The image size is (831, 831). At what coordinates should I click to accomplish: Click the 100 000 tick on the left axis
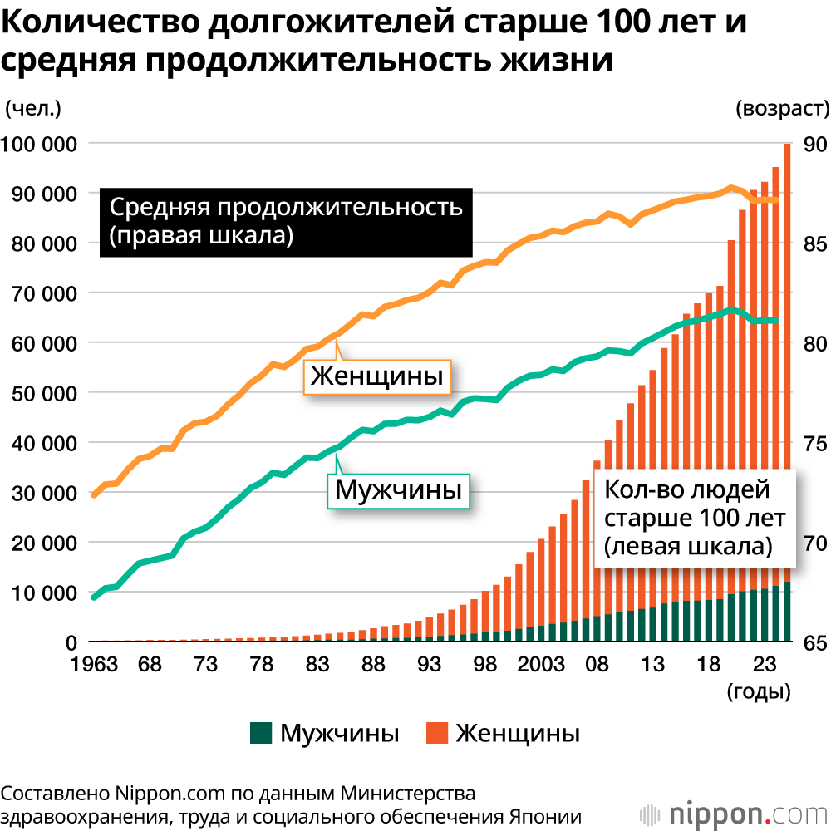(40, 144)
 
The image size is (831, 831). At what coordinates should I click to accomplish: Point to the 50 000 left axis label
(40, 393)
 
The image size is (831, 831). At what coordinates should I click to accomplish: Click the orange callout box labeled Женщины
(376, 378)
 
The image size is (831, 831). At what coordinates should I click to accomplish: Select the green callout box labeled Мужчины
(398, 490)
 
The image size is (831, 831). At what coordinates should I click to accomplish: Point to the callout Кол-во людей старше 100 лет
(694, 518)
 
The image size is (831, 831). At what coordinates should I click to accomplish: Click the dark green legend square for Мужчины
(260, 733)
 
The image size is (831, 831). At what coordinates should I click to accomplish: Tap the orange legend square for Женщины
(437, 733)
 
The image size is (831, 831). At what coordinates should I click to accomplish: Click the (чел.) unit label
(33, 108)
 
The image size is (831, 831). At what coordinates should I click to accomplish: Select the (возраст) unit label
(781, 108)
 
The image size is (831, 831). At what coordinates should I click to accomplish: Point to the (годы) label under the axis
(758, 691)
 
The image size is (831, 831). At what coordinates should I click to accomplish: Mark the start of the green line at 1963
(94, 597)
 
